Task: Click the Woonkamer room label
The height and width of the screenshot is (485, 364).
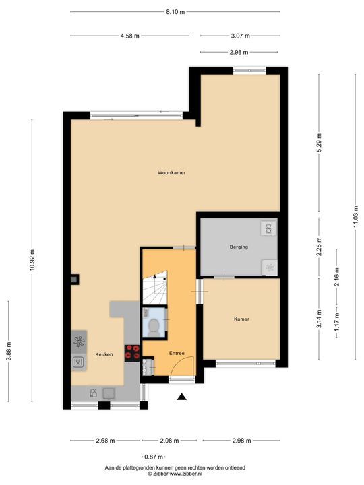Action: click(171, 173)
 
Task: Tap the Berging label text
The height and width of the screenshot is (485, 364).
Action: click(239, 247)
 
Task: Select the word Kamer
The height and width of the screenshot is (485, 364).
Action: click(241, 319)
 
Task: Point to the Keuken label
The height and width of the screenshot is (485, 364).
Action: click(104, 354)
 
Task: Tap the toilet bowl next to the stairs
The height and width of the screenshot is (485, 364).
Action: click(154, 326)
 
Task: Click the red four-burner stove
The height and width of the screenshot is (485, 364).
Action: click(132, 351)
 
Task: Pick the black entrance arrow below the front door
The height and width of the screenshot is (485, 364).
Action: click(181, 397)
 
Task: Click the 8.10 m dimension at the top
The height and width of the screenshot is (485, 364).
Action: click(175, 12)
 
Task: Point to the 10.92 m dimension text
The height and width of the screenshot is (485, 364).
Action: click(32, 259)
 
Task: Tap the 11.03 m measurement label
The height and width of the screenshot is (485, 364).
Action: click(356, 218)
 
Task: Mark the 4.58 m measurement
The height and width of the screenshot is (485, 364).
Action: click(130, 36)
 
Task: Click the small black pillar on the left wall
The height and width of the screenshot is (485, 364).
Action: click(75, 278)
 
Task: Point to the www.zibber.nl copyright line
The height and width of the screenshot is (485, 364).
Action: click(175, 474)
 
